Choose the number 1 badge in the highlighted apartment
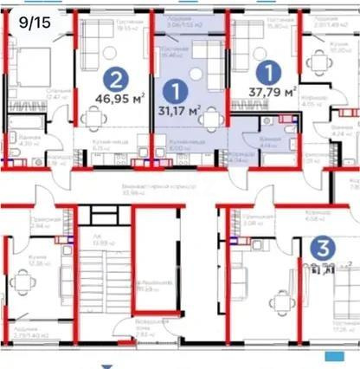point(177,89)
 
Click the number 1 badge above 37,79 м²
point(272,70)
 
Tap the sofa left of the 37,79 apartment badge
point(242,48)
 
